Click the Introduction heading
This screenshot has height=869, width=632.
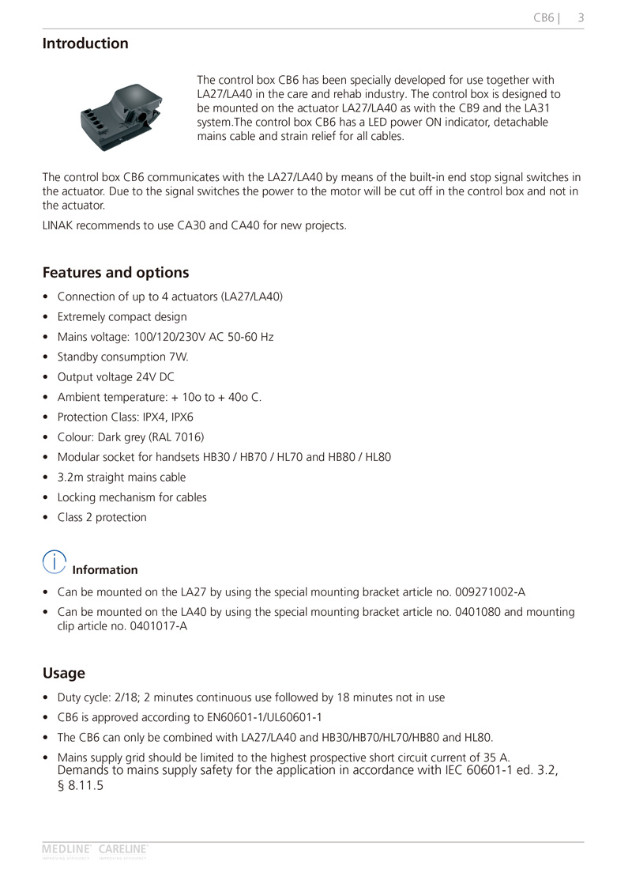(85, 43)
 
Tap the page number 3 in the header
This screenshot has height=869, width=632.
(581, 17)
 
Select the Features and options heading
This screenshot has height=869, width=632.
(115, 273)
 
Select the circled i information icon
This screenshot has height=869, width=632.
(54, 562)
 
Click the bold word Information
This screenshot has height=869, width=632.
(104, 570)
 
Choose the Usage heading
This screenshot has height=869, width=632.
(64, 674)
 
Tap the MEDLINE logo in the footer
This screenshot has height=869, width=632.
(67, 850)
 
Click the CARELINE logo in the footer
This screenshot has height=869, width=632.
(123, 850)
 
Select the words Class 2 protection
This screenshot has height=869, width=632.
(102, 518)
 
